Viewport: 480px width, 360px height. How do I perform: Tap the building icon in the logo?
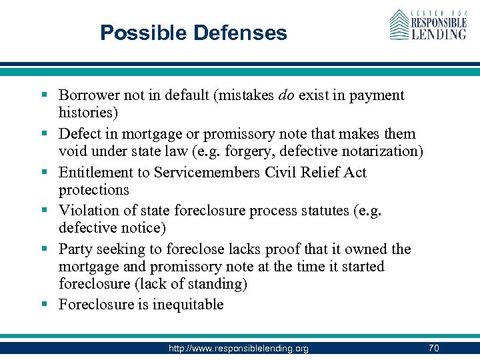click(x=399, y=25)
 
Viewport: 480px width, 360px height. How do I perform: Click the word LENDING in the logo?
click(x=439, y=33)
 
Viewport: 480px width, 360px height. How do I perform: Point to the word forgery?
click(x=285, y=151)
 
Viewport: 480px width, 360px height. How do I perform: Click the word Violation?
click(x=87, y=211)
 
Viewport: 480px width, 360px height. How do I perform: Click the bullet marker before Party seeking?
click(x=49, y=249)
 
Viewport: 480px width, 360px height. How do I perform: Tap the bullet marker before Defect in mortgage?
click(x=49, y=134)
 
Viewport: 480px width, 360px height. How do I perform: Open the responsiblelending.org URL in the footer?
click(x=239, y=348)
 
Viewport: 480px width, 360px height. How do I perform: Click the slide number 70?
click(x=433, y=348)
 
